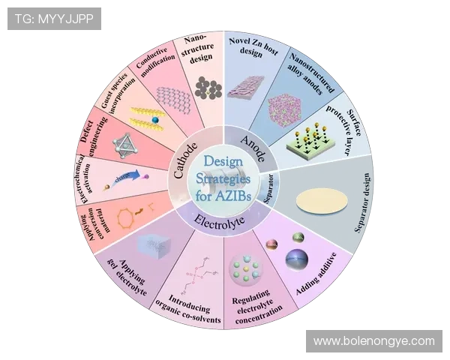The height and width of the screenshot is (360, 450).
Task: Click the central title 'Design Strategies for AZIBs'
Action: (x=225, y=181)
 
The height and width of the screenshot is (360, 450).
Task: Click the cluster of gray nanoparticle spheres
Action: (x=206, y=88)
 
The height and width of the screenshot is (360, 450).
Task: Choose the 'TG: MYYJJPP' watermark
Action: (x=53, y=18)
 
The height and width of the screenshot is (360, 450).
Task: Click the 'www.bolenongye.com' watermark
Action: (x=373, y=341)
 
